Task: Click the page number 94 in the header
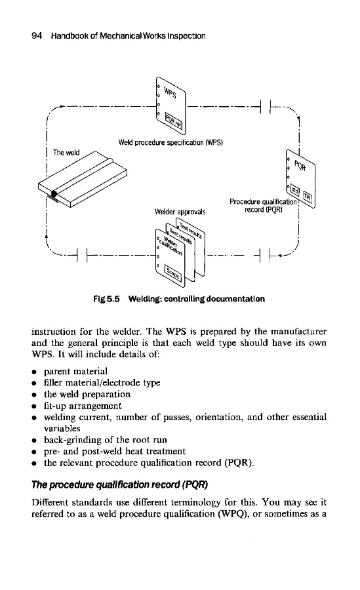pos(37,36)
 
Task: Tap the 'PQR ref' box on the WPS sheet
pos(174,121)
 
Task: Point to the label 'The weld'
pos(66,152)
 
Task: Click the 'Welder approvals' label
pos(180,212)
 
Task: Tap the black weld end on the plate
pos(54,194)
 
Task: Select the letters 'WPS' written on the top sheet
pos(170,92)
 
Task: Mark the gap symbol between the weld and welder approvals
pos(82,256)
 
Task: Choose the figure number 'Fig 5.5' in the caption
pos(107,299)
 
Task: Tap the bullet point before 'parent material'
pos(34,372)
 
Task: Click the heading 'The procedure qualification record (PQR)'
pos(120,484)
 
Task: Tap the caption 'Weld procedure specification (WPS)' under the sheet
pos(170,143)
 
